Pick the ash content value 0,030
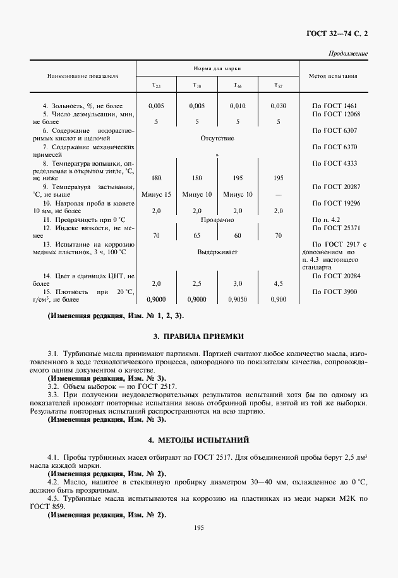pos(278,106)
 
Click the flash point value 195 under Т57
pos(278,178)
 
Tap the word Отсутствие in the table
pos(217,138)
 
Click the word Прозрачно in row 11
pos(217,219)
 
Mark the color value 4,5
pos(278,284)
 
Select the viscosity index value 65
pos(197,235)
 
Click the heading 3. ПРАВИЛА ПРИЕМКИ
pos(198,336)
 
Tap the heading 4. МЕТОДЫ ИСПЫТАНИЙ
pos(198,438)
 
